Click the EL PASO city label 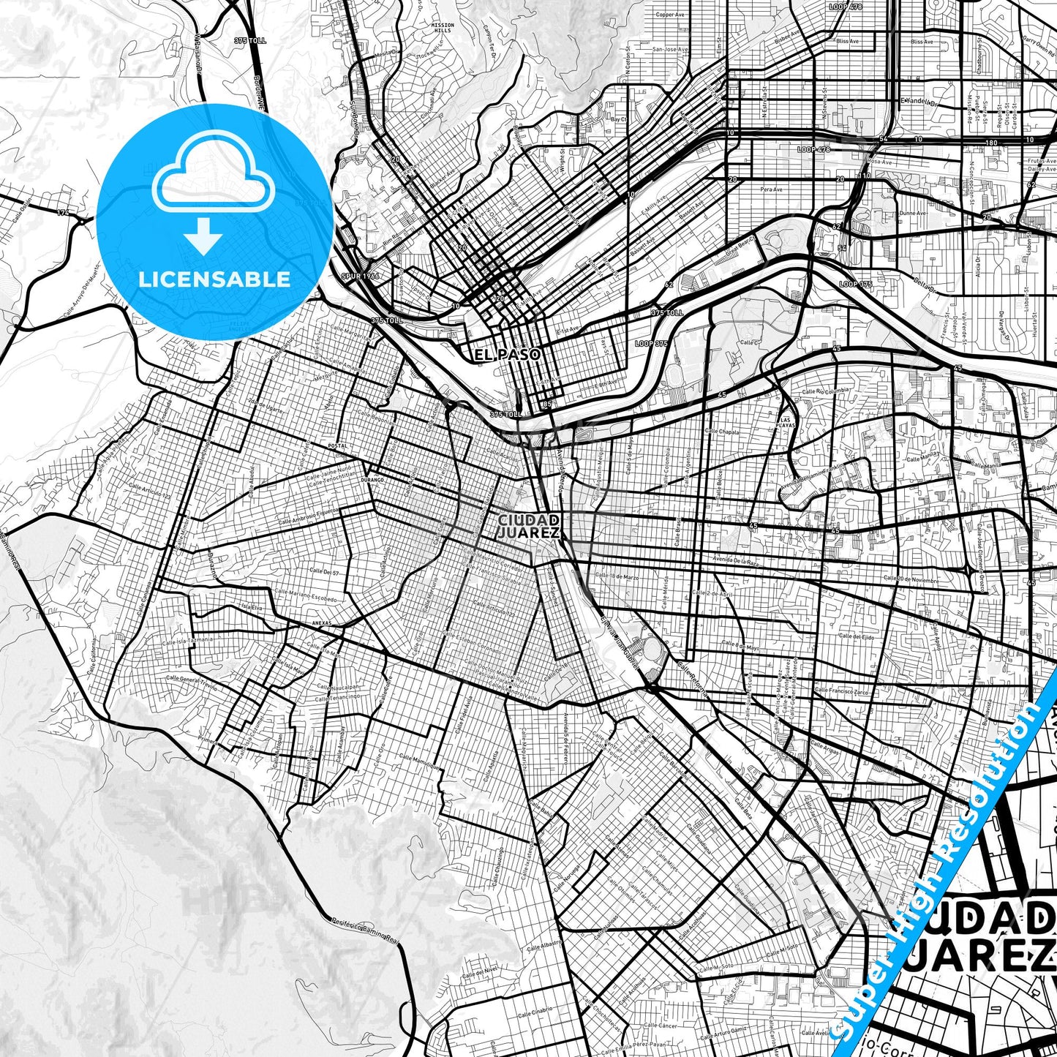click(508, 355)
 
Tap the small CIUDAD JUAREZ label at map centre click(529, 526)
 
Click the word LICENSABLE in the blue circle click(214, 279)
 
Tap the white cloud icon click(213, 170)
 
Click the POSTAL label click(337, 445)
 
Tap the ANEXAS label click(321, 623)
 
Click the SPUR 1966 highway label click(360, 277)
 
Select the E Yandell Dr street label click(918, 102)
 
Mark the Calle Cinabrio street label click(535, 1013)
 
